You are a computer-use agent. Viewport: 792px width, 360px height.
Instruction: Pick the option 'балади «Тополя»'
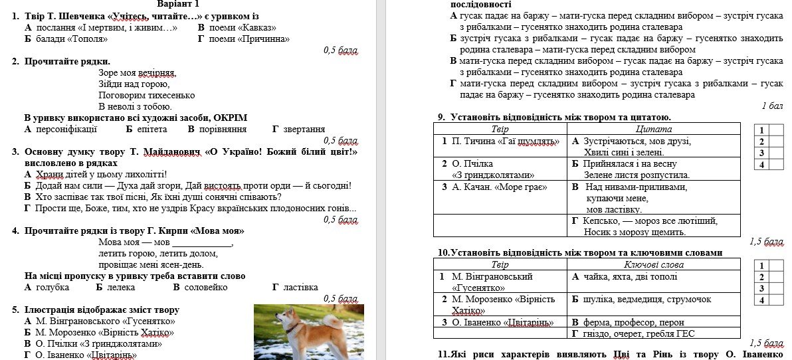point(71,39)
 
